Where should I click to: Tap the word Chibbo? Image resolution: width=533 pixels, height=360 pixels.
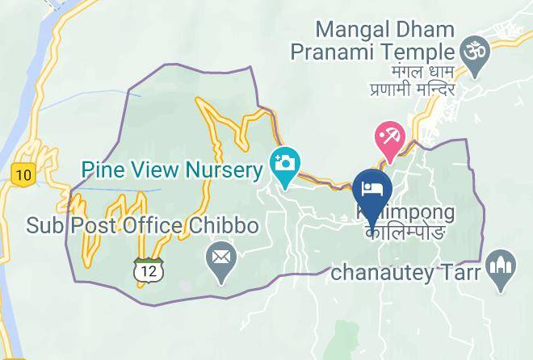tap(225, 225)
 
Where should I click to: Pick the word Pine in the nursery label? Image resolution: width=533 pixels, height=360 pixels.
tap(101, 170)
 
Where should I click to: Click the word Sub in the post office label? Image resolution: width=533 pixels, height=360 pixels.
tap(43, 225)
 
